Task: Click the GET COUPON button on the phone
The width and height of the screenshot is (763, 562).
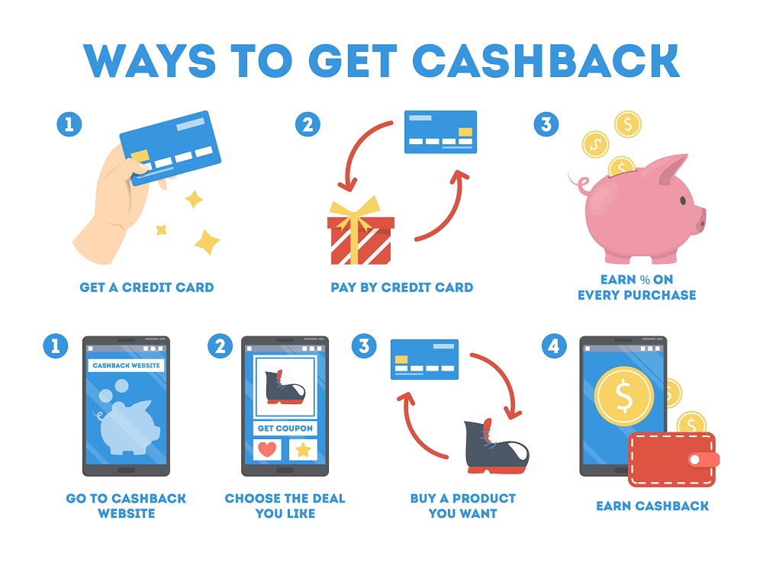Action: pos(285,428)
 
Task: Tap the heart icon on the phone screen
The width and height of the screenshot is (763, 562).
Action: pos(266,450)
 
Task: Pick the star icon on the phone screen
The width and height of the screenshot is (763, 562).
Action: pos(303,450)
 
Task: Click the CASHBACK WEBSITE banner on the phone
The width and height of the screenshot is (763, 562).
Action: pos(126,365)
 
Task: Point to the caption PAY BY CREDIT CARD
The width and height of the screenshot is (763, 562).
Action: pos(401,287)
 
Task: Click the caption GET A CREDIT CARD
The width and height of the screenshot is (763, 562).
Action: pos(146,287)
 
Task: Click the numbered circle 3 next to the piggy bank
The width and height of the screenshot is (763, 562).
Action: pos(546,124)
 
